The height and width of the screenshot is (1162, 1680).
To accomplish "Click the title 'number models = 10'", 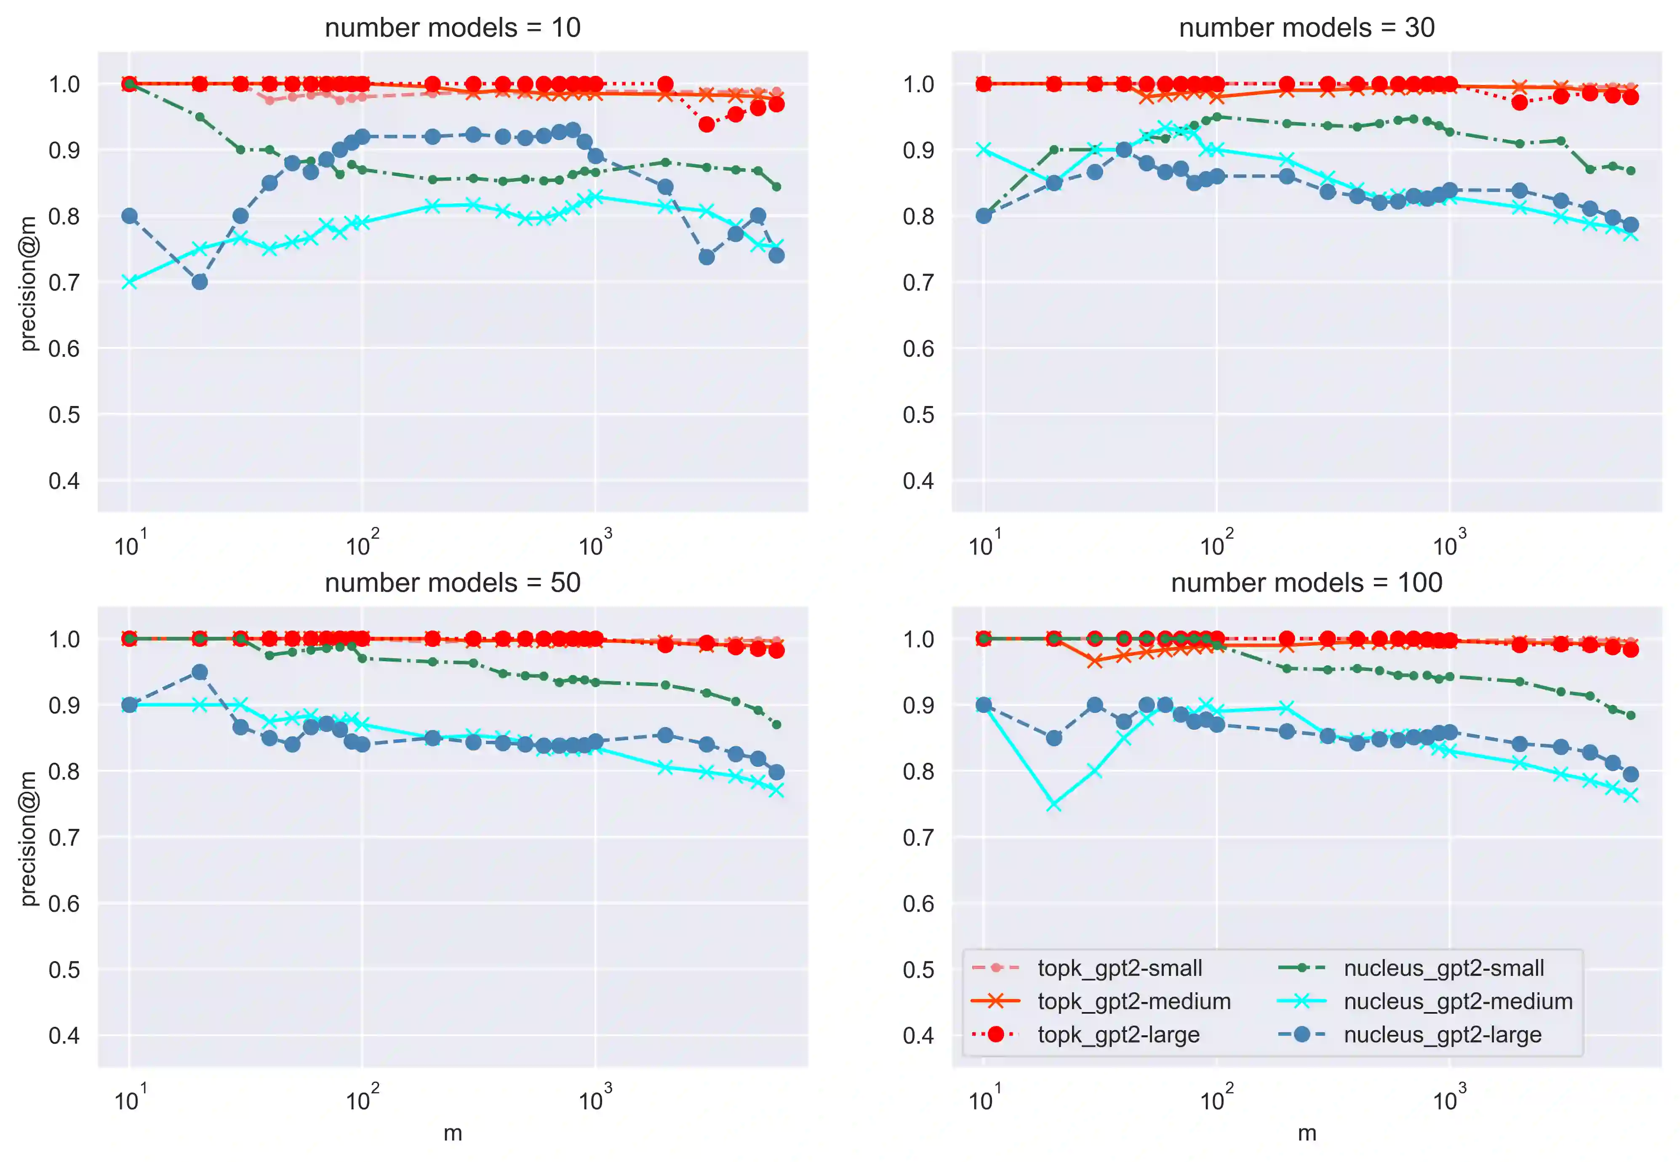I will pos(452,28).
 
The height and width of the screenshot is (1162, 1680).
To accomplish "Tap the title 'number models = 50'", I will pos(452,582).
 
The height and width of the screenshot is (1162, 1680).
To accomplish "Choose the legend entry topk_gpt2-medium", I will pos(1133,1001).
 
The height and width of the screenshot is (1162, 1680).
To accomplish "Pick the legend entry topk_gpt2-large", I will pos(1118,1034).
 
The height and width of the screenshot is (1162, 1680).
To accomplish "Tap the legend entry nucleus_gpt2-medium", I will pos(1457,1001).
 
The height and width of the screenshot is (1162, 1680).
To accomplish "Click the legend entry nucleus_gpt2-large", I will pos(1442,1034).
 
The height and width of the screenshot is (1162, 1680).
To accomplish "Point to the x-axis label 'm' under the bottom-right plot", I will pos(1307,1133).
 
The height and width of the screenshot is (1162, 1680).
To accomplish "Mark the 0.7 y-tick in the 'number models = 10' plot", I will pos(64,283).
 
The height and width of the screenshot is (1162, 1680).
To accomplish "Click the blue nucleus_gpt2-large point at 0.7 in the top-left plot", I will pos(200,282).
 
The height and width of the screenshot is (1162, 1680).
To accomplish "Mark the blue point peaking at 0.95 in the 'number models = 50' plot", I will pos(200,672).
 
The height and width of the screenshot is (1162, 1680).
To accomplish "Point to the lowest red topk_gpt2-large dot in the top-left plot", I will pos(706,125).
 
